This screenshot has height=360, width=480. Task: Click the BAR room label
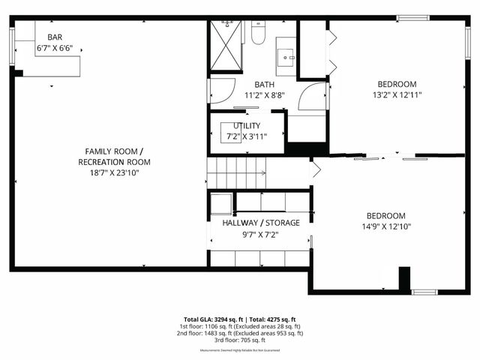(x=55, y=37)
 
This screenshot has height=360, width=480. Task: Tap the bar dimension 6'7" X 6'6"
(x=55, y=48)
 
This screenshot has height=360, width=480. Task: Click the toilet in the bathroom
(x=259, y=33)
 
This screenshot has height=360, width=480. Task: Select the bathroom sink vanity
(x=285, y=55)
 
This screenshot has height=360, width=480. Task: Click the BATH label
(x=264, y=85)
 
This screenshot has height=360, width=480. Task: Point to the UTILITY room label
(x=247, y=125)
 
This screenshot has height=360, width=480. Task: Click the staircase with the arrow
(x=236, y=172)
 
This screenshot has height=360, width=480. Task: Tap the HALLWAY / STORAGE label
(x=261, y=223)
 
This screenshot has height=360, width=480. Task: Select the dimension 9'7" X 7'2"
(x=261, y=235)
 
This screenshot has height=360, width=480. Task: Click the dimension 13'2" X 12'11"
(x=397, y=95)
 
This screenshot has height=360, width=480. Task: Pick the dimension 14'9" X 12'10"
(x=386, y=226)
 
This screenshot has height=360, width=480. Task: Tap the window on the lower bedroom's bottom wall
(x=424, y=292)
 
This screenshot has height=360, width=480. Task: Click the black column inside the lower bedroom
(x=404, y=277)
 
